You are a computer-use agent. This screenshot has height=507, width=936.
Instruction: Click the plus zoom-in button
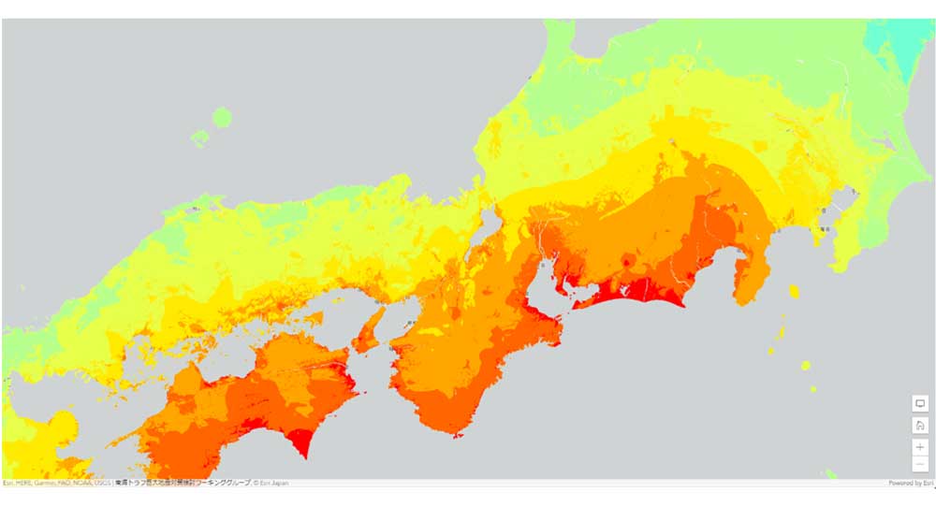[920, 447]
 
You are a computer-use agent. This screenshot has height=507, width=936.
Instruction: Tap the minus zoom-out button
[920, 464]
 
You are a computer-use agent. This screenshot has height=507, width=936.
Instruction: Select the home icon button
[920, 425]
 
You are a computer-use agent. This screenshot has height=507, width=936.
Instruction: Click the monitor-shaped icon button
[920, 403]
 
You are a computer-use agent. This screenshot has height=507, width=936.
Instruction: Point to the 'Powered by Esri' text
[911, 483]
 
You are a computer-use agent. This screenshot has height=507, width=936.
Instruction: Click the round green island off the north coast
[222, 117]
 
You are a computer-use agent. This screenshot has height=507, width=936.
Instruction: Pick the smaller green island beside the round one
[199, 138]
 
